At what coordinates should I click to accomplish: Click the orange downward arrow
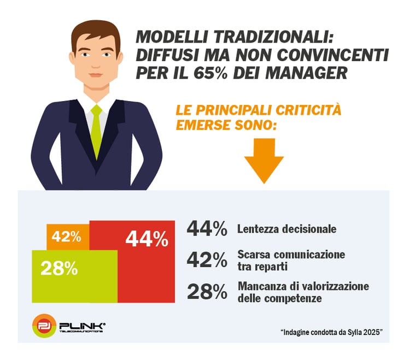point(263,164)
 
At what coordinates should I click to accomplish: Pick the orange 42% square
point(67,237)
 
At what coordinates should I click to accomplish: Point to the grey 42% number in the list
point(207,261)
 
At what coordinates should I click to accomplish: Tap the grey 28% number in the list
point(207,292)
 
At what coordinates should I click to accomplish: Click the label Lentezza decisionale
point(286,229)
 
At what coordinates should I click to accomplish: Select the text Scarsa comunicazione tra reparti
point(291,260)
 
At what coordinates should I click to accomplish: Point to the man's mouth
point(96,74)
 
